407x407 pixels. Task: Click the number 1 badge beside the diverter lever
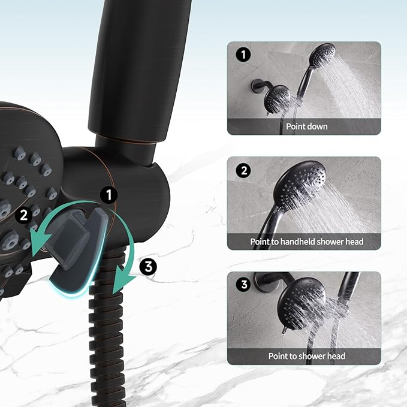coord(110,194)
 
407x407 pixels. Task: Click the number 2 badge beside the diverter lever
coord(23,214)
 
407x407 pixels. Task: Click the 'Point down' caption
coord(306,126)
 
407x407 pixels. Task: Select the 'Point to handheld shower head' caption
coord(306,242)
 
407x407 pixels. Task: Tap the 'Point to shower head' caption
coord(306,356)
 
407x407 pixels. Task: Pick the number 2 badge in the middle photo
coord(243,171)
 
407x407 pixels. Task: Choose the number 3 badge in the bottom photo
coord(243,285)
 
